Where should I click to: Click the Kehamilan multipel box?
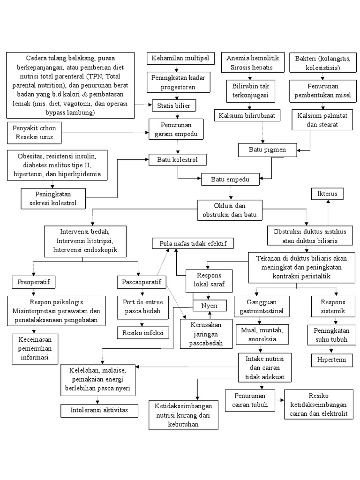(x=180, y=59)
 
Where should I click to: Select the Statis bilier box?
(x=174, y=105)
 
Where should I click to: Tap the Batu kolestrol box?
(x=178, y=160)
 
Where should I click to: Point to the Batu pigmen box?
(x=267, y=150)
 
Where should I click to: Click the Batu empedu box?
(x=230, y=180)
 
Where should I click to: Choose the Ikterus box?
(x=328, y=194)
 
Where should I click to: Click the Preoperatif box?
(x=33, y=282)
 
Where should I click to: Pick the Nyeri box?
(x=210, y=305)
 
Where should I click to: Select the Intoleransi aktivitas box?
(x=100, y=411)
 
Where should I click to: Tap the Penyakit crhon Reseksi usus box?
(x=34, y=133)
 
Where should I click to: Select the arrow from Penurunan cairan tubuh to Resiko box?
(x=282, y=400)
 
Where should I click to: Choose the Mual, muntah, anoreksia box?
(x=262, y=334)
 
